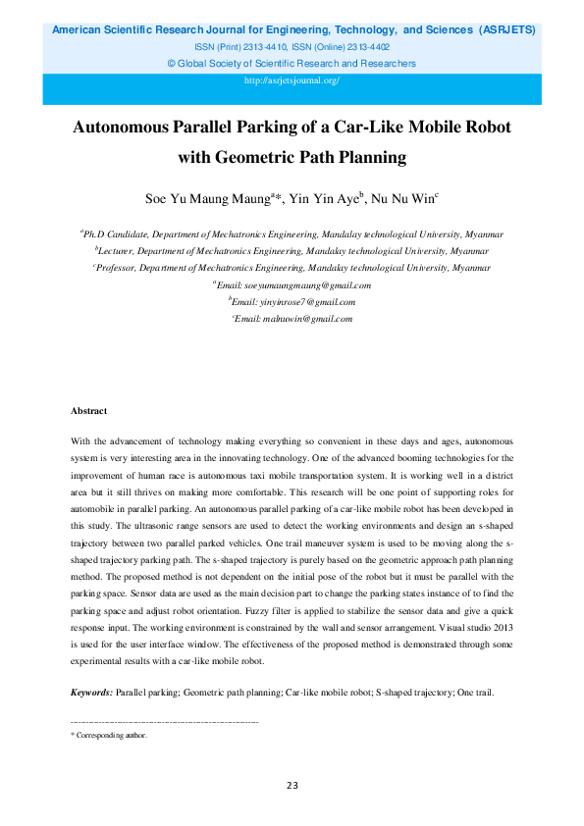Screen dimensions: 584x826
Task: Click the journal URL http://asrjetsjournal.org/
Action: click(x=292, y=80)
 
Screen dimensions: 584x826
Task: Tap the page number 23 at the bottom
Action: click(x=292, y=785)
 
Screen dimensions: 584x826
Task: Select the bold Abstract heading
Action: click(x=89, y=410)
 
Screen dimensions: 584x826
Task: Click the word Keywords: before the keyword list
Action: click(x=92, y=693)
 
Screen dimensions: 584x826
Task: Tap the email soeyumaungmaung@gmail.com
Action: click(x=294, y=284)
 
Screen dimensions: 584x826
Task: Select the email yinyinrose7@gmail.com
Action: click(x=294, y=302)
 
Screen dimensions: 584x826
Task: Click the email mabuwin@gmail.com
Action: click(x=293, y=319)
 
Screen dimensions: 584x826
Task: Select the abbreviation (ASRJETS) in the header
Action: click(x=505, y=30)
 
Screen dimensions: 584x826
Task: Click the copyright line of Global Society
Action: click(x=292, y=64)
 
